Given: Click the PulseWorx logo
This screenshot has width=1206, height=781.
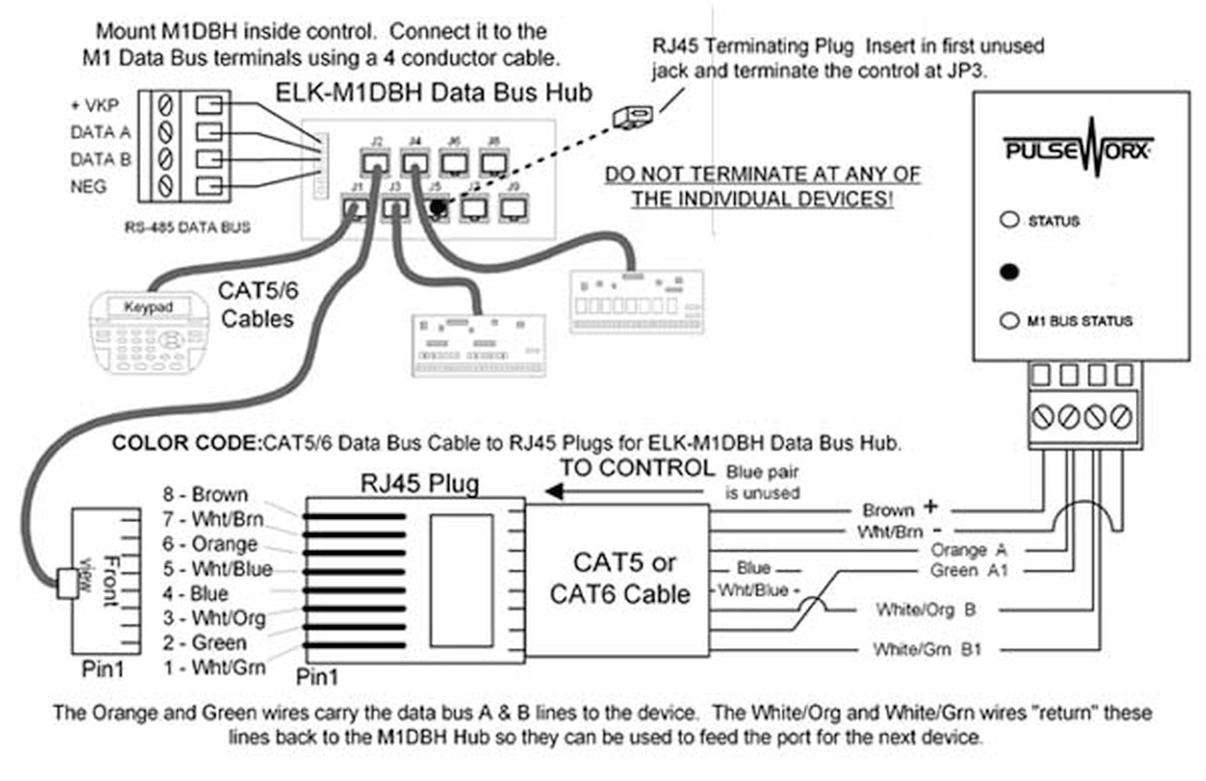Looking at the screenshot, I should point(1078,148).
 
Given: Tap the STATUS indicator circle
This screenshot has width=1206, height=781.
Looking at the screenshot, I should point(1009,219).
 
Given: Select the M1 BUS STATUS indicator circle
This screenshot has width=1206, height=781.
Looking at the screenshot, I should point(1009,321).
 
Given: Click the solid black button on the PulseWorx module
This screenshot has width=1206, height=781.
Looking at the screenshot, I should point(1009,272).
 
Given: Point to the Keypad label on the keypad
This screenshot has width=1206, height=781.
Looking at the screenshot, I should point(148,307).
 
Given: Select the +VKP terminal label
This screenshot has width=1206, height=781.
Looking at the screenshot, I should point(94,105).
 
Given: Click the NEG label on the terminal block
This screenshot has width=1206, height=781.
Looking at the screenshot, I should point(88,186).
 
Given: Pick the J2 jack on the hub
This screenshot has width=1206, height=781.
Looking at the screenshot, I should point(375,162).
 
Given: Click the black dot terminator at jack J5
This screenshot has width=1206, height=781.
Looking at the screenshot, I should point(438,207).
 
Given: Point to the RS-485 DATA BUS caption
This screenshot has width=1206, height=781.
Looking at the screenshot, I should point(187,227).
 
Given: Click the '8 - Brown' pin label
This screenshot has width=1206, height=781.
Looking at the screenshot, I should point(205,494).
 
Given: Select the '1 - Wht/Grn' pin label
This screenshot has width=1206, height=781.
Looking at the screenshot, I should point(214,667).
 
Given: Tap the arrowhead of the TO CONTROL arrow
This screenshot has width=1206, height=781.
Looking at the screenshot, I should point(554,491).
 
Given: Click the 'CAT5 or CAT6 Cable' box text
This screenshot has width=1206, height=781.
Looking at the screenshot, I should point(620,578).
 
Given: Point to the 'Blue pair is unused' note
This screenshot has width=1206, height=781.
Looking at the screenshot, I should point(762,483).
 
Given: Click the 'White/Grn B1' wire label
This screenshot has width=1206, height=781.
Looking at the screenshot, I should point(927,649).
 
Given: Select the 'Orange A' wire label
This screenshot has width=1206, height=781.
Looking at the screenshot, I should point(968,550).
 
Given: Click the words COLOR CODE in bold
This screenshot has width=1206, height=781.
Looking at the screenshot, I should point(186,443).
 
